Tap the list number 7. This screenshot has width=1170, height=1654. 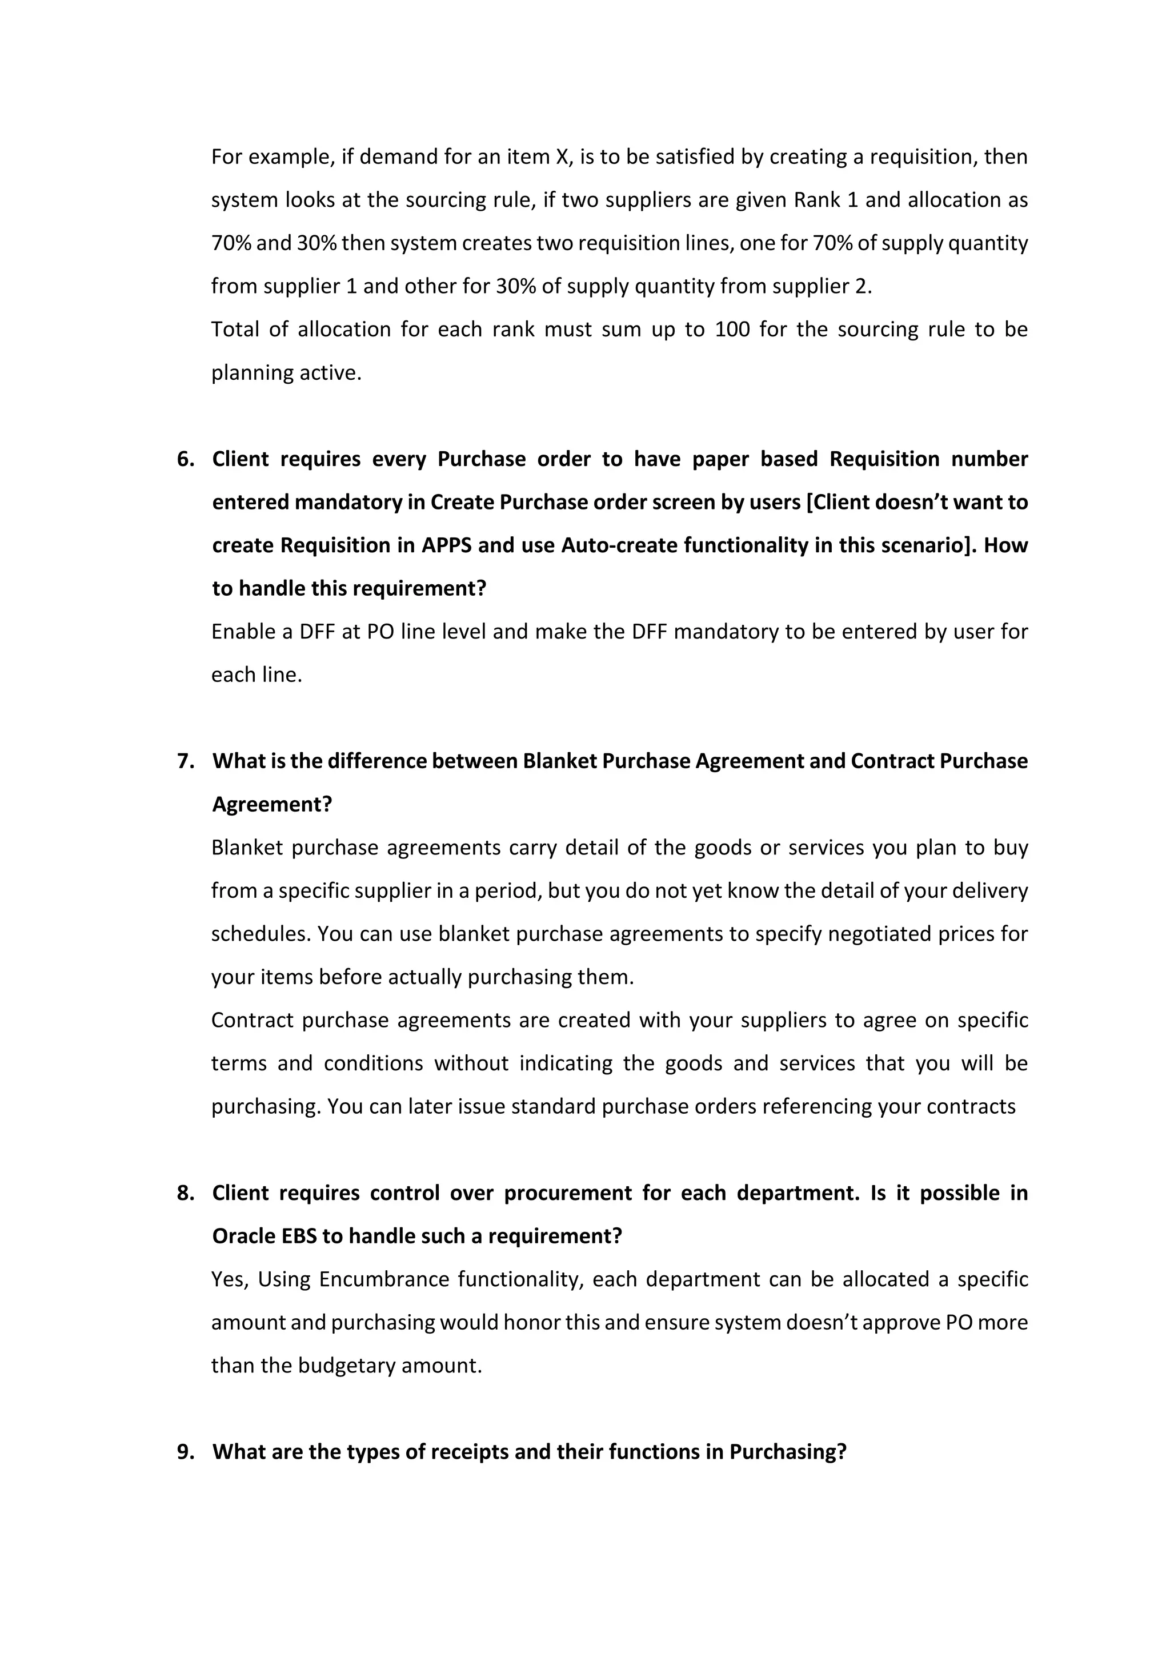click(x=185, y=761)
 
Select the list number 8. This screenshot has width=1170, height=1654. click(x=185, y=1193)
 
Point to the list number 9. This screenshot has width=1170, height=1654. click(x=185, y=1452)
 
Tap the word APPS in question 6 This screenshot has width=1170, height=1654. click(x=446, y=545)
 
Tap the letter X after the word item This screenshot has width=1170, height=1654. click(x=562, y=157)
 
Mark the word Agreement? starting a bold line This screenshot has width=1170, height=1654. click(x=271, y=805)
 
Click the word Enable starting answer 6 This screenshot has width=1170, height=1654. click(x=241, y=632)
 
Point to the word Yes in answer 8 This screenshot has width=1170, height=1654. click(x=229, y=1279)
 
